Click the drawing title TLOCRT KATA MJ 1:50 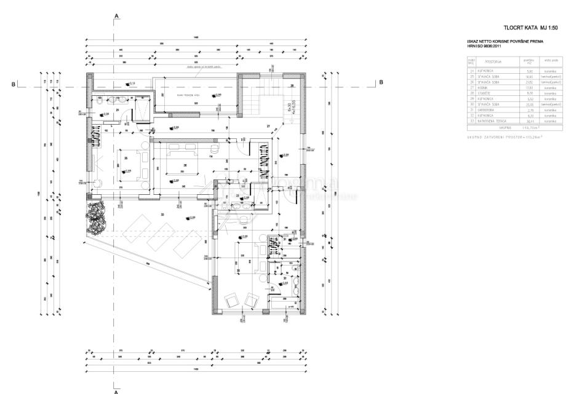(x=525, y=28)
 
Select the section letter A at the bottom (x=116, y=388)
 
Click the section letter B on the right (x=381, y=82)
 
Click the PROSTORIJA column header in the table (x=493, y=61)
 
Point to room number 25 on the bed (x=126, y=158)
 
